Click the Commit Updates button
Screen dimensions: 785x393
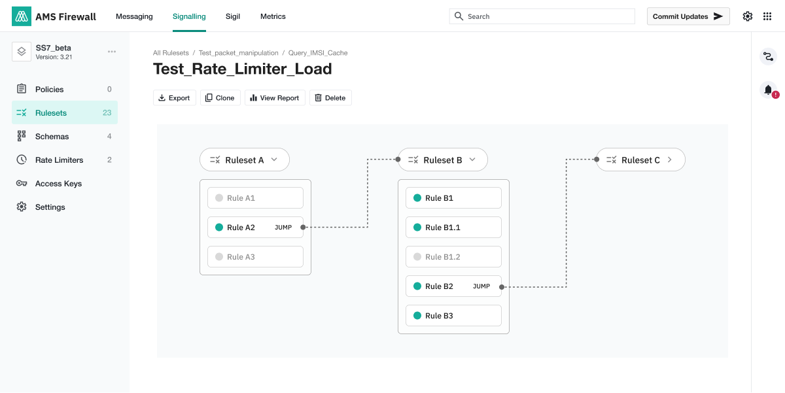point(688,16)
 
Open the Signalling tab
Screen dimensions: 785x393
point(189,16)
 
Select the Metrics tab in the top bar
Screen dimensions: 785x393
point(273,16)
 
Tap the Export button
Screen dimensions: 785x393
point(174,97)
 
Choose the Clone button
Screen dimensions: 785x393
point(220,97)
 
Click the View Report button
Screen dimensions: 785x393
point(275,97)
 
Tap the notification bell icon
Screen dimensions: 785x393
point(768,90)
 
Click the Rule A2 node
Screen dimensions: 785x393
point(255,228)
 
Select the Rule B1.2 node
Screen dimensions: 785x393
point(453,257)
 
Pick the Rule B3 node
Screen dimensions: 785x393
point(453,316)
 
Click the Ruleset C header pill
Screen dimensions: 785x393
point(640,160)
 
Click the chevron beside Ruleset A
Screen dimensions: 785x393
point(274,160)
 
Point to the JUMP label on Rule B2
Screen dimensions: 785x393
point(481,286)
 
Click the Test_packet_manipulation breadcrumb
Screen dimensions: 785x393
point(238,53)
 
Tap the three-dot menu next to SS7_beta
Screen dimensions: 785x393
point(112,52)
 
